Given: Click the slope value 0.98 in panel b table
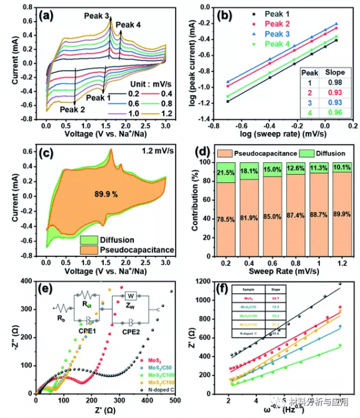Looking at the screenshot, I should point(327,82).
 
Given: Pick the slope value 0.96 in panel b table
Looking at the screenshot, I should point(327,111).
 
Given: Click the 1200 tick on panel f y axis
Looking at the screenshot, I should point(206,281).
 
